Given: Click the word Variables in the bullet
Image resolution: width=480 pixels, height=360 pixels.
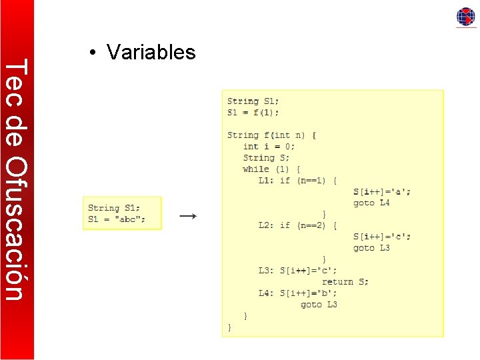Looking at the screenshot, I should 151,52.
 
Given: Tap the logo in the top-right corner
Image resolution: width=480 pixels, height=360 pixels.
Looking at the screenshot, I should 465,17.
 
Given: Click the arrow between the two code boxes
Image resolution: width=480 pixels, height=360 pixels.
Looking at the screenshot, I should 189,216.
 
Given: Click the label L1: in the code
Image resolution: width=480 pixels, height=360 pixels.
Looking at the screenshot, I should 267,180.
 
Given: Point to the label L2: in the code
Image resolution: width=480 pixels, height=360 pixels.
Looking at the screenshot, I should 267,225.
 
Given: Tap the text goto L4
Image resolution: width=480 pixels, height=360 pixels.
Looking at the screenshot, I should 371,203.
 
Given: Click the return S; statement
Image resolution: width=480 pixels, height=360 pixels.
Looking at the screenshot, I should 345,282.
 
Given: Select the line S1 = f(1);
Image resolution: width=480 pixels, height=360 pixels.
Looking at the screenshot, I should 253,112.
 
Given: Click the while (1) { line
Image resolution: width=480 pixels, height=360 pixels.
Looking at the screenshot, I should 271,169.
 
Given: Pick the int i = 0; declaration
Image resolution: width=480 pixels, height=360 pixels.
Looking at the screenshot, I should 269,146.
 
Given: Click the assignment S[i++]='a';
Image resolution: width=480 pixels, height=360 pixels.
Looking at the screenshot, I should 382,191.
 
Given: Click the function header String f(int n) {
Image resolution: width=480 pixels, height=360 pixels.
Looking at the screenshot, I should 271,135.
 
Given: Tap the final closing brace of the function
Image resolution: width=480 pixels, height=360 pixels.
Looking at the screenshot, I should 230,327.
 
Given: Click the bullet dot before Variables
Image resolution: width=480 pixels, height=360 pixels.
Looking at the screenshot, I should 95,53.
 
